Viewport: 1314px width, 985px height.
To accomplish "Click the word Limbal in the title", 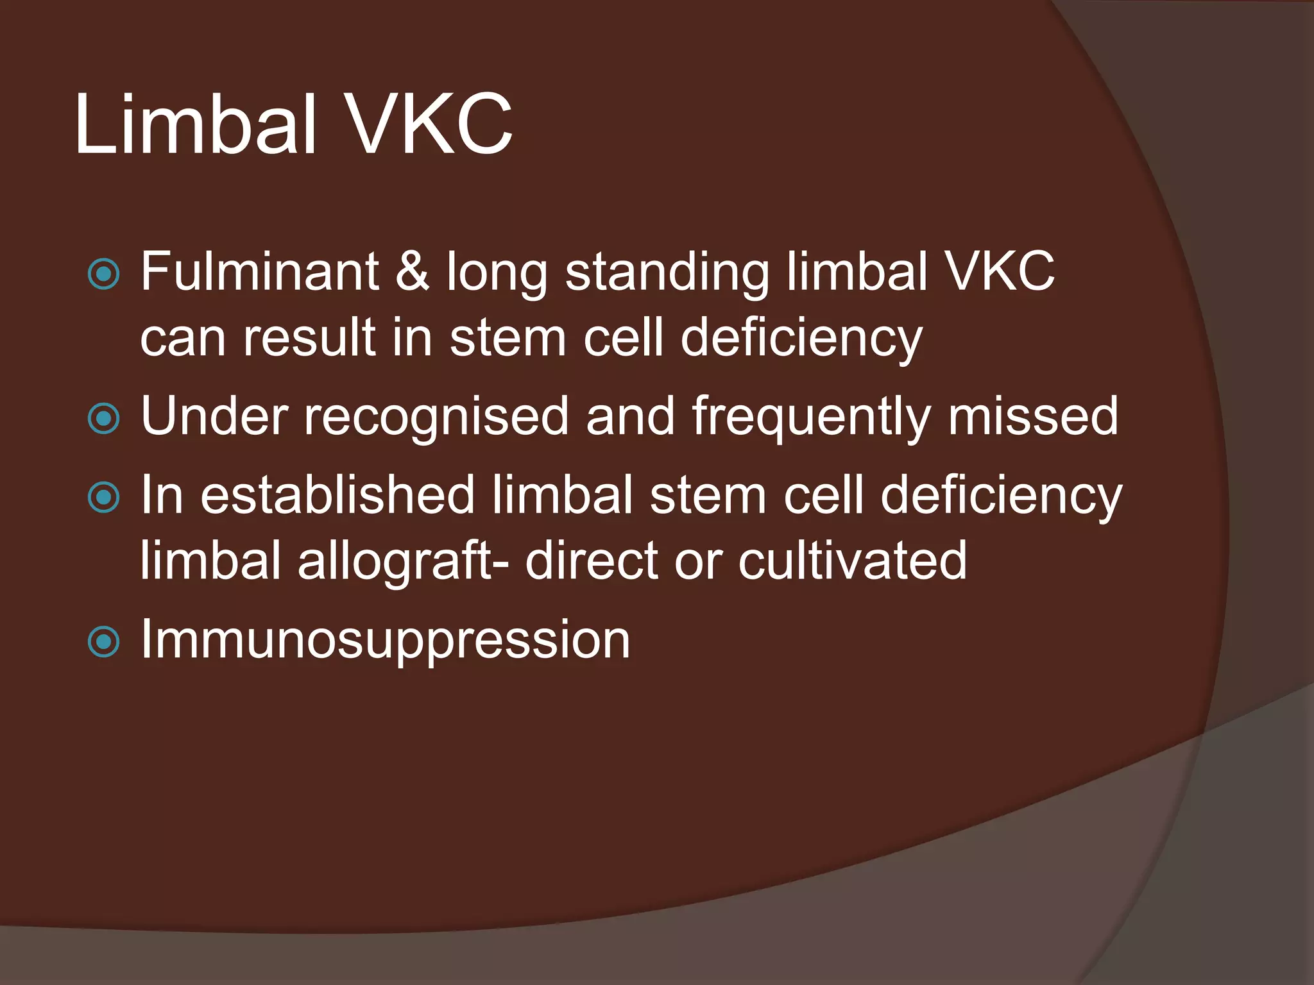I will click(196, 124).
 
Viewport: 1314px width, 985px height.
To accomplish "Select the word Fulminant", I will click(260, 272).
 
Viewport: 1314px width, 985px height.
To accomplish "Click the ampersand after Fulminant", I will click(412, 272).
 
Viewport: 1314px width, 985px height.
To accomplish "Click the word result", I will click(309, 338).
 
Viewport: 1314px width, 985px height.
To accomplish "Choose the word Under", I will click(214, 416).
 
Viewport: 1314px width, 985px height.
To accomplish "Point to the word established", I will click(337, 495).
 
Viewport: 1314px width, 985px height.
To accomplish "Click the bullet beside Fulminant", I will click(103, 274).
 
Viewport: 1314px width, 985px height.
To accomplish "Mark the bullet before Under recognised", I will click(103, 419).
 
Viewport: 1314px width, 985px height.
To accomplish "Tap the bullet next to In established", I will click(103, 498).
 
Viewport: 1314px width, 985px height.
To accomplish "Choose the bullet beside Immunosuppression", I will click(103, 642).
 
